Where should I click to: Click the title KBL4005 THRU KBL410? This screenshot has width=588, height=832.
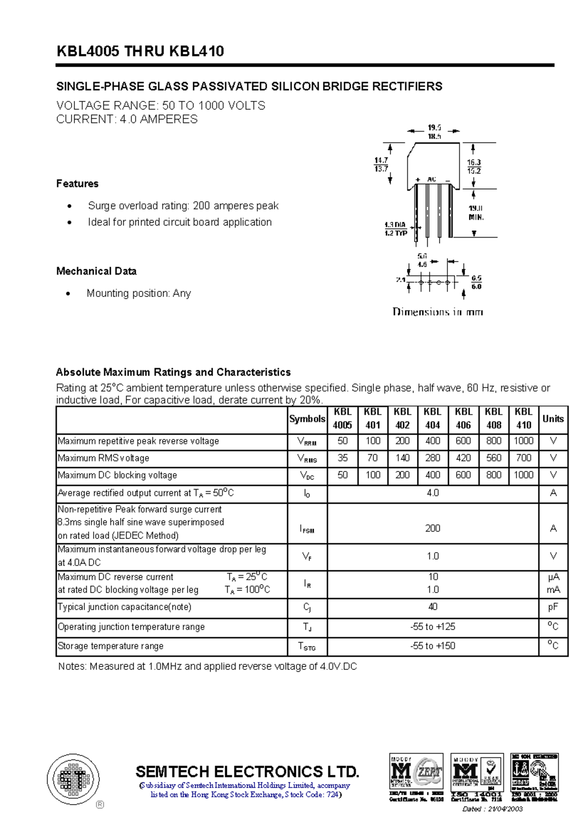(x=140, y=51)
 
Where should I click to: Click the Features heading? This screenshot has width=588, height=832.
(x=77, y=184)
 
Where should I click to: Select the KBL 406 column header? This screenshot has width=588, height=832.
(x=463, y=418)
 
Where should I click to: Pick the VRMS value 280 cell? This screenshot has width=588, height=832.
(x=433, y=458)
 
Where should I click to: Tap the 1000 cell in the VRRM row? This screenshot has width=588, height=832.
(x=523, y=440)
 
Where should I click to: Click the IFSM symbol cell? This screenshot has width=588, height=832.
(x=307, y=528)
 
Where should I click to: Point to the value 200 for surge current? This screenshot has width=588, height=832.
(x=433, y=528)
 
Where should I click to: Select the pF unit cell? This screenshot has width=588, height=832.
(x=553, y=607)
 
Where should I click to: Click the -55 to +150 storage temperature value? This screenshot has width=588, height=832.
(x=433, y=646)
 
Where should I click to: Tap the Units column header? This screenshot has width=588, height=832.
(x=553, y=418)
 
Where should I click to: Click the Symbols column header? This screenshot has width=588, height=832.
(x=307, y=418)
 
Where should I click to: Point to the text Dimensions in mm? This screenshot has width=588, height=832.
(x=438, y=312)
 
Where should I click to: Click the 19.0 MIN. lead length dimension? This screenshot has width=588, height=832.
(x=476, y=213)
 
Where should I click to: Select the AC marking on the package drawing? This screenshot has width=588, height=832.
(x=432, y=179)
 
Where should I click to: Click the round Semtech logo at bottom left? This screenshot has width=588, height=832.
(x=73, y=779)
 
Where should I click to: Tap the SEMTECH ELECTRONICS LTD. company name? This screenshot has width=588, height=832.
(x=247, y=772)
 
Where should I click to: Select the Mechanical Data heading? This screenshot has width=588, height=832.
(x=96, y=271)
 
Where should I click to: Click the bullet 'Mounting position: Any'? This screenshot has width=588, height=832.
(x=139, y=293)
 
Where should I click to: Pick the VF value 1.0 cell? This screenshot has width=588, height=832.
(x=433, y=556)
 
